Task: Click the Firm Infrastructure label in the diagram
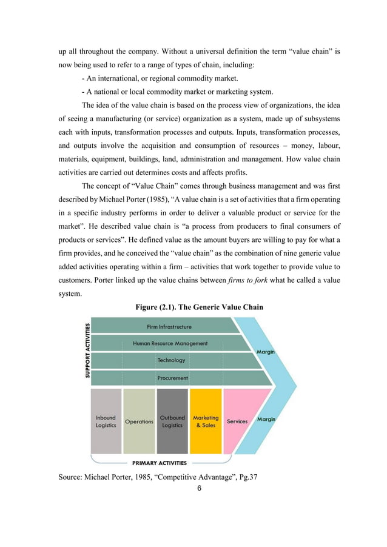[x=169, y=327]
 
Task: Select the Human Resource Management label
[x=170, y=343]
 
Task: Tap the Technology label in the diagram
[x=171, y=360]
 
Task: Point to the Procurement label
[x=172, y=378]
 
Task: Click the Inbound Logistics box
[x=106, y=421]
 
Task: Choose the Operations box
[x=139, y=421]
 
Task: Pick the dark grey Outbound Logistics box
[x=172, y=421]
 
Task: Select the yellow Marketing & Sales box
[x=206, y=421]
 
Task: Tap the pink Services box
[x=237, y=421]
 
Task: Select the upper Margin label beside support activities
[x=266, y=352]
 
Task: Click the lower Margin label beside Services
[x=266, y=420]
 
